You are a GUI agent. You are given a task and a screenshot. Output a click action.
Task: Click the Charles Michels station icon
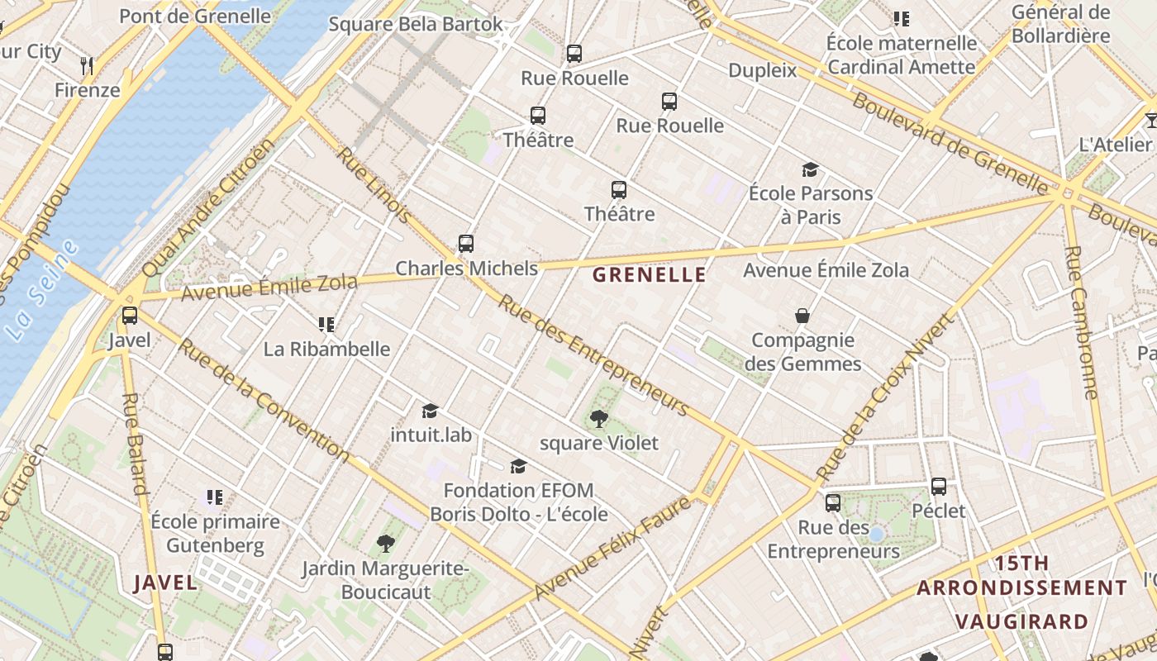tap(466, 244)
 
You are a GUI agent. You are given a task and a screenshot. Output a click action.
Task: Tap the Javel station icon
tap(130, 316)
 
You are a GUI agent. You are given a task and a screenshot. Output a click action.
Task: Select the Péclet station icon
tap(939, 487)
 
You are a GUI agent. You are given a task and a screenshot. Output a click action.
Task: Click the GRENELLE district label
tap(650, 275)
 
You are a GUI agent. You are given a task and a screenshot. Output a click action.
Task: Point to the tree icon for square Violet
tap(599, 419)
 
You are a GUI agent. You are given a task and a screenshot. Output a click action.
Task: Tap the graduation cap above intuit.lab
tap(430, 411)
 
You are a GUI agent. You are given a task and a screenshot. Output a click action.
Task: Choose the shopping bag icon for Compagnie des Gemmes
tap(802, 316)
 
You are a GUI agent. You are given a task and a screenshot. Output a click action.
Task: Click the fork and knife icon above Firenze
tap(87, 65)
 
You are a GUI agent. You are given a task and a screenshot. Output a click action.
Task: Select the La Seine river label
tap(40, 291)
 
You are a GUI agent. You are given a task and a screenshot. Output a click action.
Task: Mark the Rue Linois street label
tap(374, 186)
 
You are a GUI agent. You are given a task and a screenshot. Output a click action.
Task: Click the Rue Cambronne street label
tap(1081, 322)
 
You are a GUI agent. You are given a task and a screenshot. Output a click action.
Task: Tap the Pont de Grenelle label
tap(195, 16)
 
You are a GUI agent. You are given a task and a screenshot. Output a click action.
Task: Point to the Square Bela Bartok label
tap(416, 24)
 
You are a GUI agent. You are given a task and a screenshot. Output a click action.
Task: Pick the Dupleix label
tap(762, 70)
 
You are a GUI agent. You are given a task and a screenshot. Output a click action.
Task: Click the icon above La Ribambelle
tap(326, 325)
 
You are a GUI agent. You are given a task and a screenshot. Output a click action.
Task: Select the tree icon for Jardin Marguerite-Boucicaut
tap(385, 543)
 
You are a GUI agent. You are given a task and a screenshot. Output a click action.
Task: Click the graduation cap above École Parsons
tap(810, 170)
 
